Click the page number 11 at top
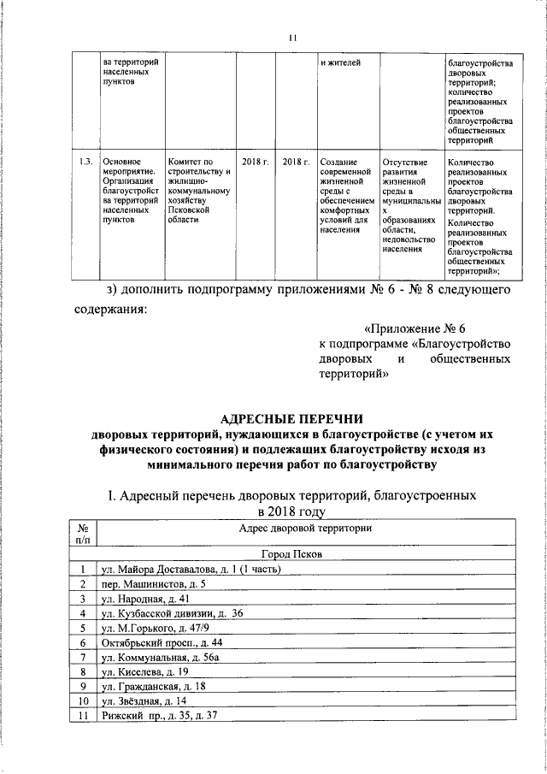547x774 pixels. [291, 38]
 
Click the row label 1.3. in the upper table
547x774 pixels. [85, 161]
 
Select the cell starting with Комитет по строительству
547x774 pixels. [199, 190]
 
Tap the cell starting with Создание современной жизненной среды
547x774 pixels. [344, 196]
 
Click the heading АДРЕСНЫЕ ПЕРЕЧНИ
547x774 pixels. [291, 419]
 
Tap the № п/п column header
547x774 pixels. [82, 535]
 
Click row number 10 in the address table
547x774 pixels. [82, 700]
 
